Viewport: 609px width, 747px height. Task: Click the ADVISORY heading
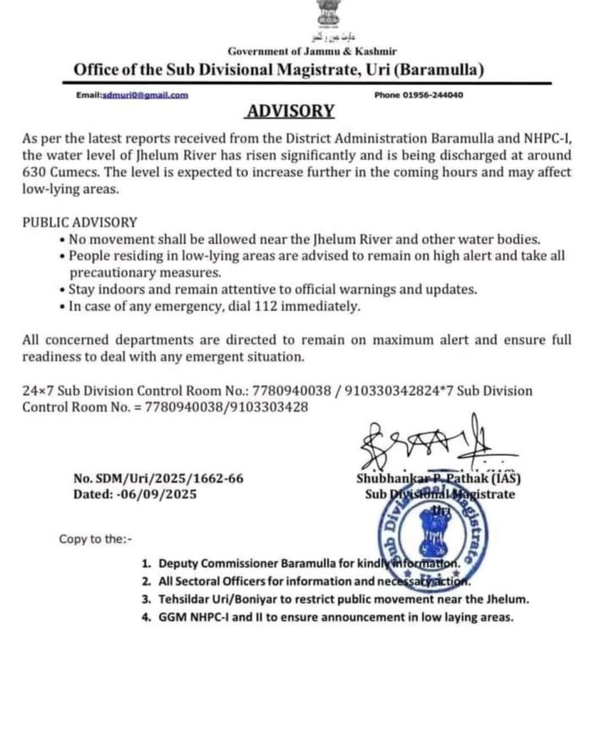[291, 112]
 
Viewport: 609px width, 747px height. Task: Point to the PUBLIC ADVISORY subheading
[79, 222]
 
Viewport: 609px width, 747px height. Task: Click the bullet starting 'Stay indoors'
[273, 290]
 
